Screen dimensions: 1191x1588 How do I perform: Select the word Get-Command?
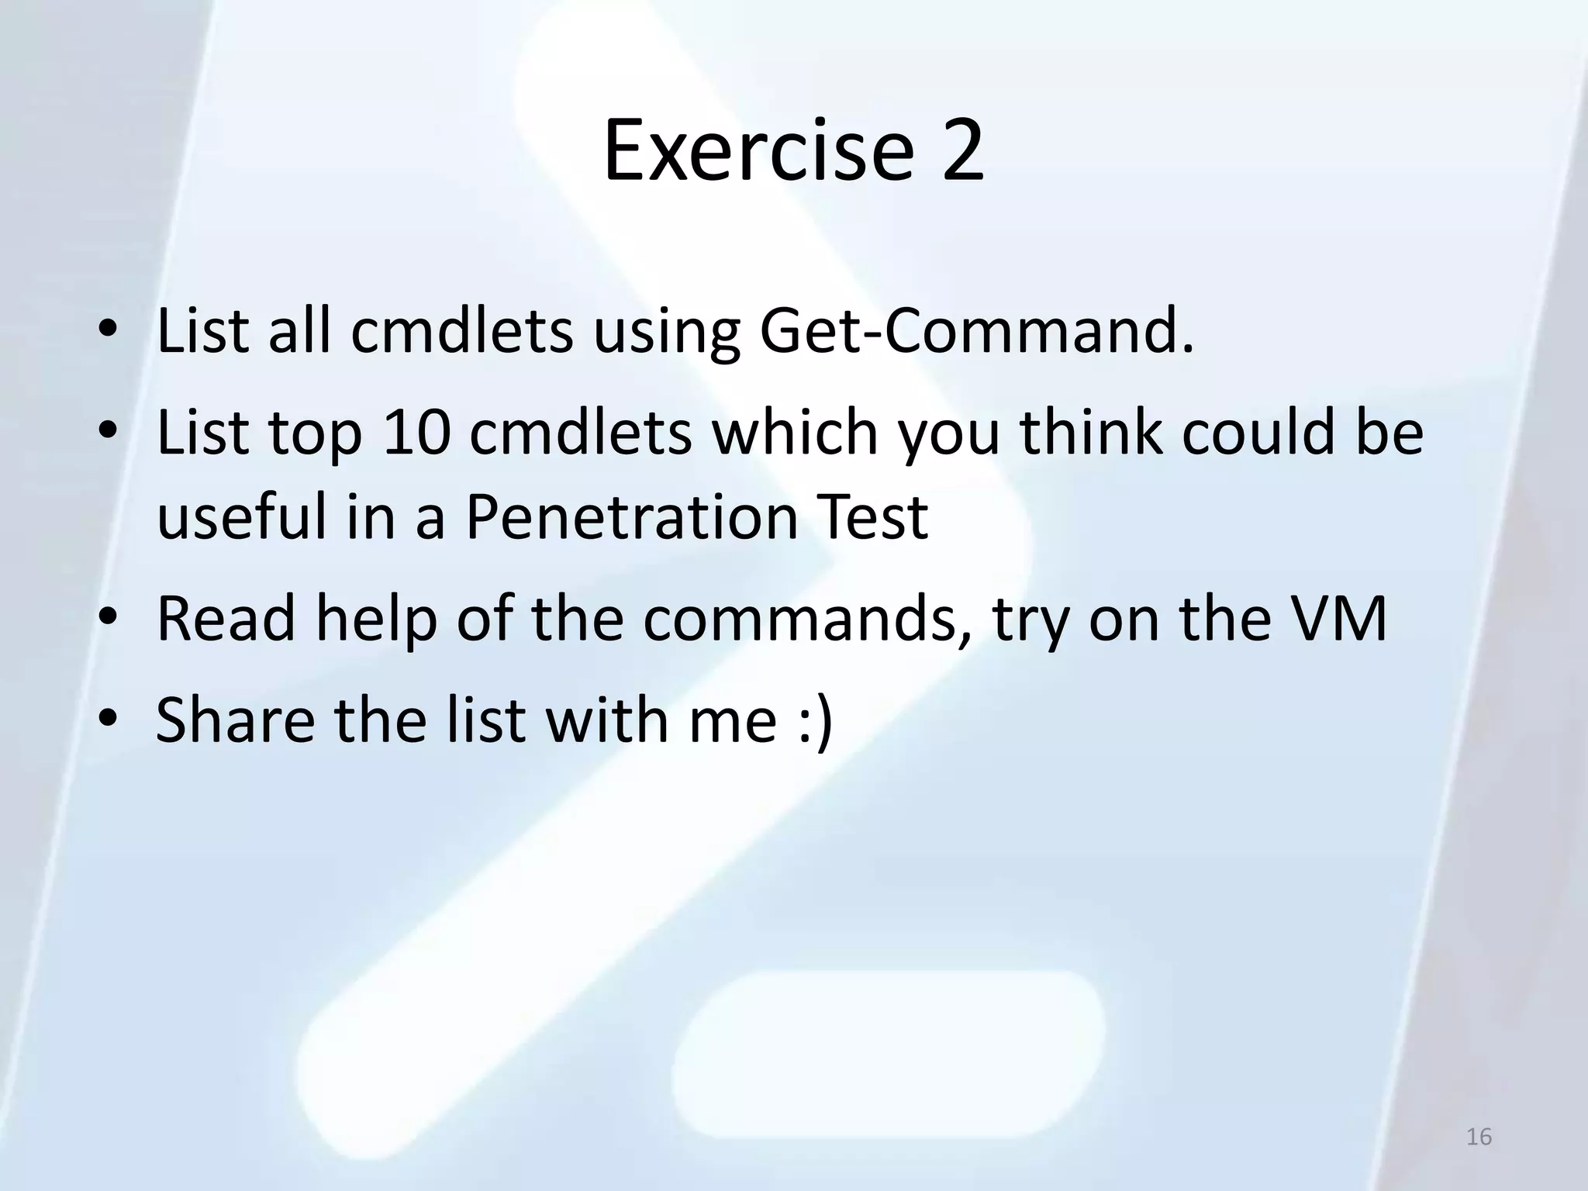(x=975, y=332)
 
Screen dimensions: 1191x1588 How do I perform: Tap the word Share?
(x=235, y=720)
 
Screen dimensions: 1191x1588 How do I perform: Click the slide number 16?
(x=1479, y=1137)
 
